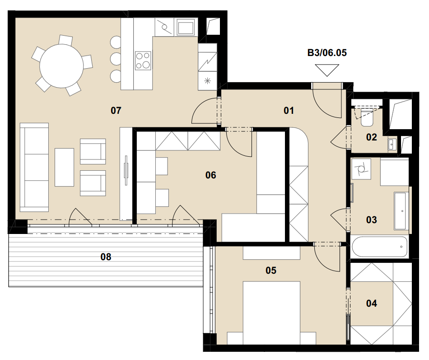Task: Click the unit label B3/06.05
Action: click(x=327, y=52)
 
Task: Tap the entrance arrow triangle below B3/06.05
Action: click(x=327, y=70)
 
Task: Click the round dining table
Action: click(x=61, y=66)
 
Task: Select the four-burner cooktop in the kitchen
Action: click(x=143, y=61)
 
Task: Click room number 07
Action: click(x=116, y=110)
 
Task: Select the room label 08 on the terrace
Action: click(x=106, y=257)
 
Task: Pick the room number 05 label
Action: click(x=271, y=271)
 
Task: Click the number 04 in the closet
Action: click(x=371, y=304)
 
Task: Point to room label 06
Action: click(x=211, y=175)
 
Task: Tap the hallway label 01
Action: click(x=289, y=111)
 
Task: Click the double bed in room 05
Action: click(x=271, y=313)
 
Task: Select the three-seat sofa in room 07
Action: click(x=34, y=167)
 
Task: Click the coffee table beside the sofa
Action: click(x=64, y=167)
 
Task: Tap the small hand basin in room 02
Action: click(x=392, y=144)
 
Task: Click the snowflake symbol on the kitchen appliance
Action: click(x=208, y=81)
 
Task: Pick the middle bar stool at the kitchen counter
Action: click(x=116, y=59)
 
